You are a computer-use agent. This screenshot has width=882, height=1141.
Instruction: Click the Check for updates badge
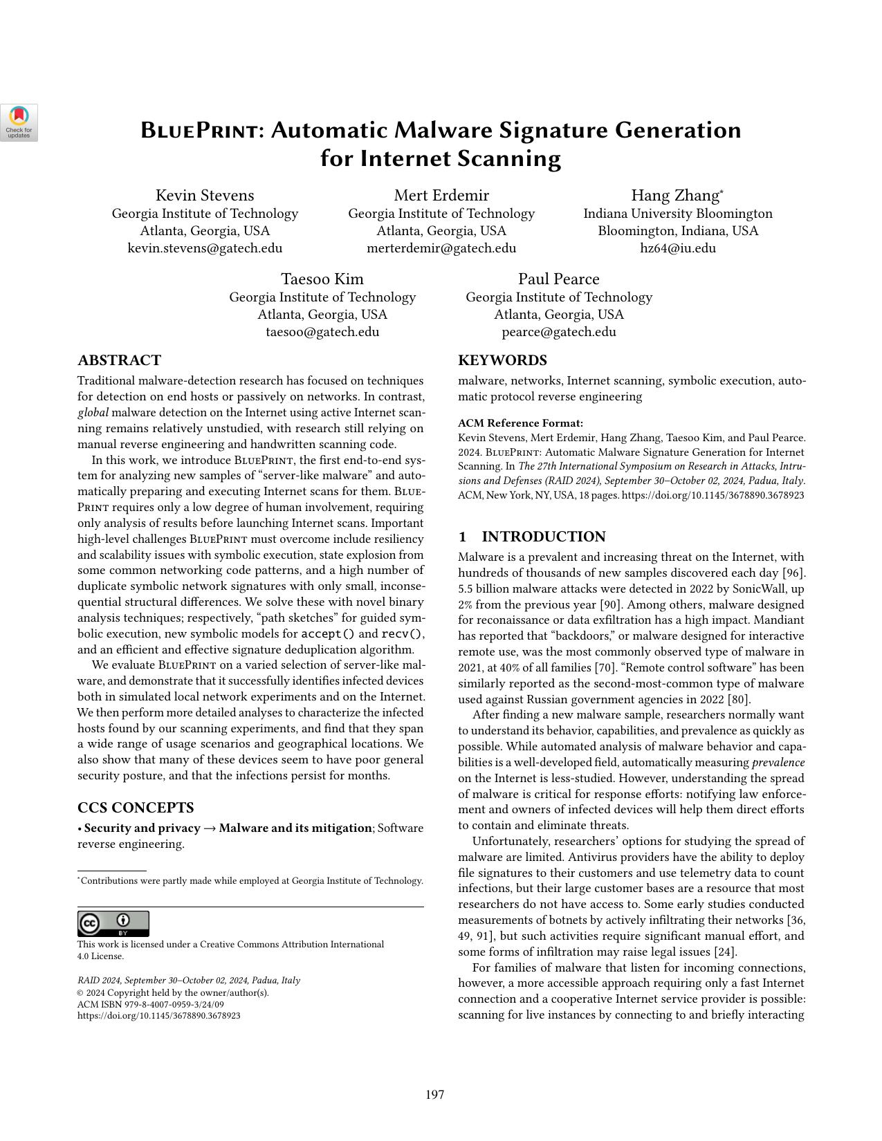coord(19,122)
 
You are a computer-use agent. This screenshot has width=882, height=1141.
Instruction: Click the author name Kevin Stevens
coord(205,196)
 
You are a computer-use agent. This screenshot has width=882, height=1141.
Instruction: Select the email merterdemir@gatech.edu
coord(441,248)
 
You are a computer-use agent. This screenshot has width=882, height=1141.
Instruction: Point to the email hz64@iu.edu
coord(678,248)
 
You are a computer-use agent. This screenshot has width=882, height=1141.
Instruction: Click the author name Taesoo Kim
coord(322,279)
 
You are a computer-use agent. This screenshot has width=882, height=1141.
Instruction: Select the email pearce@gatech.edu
coord(559,332)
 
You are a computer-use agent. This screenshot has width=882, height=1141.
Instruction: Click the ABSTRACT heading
coord(119,360)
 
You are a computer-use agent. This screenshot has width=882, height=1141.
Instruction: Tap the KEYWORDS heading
coord(502,360)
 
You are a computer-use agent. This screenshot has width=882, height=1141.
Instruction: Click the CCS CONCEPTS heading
coord(136,808)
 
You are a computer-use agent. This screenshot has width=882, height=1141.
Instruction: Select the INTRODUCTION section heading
coord(543,537)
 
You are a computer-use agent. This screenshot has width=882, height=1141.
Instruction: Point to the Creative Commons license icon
coord(113,924)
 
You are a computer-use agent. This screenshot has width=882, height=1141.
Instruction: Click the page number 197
coord(435,1095)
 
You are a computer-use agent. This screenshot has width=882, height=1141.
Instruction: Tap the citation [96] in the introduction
coord(794,573)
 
